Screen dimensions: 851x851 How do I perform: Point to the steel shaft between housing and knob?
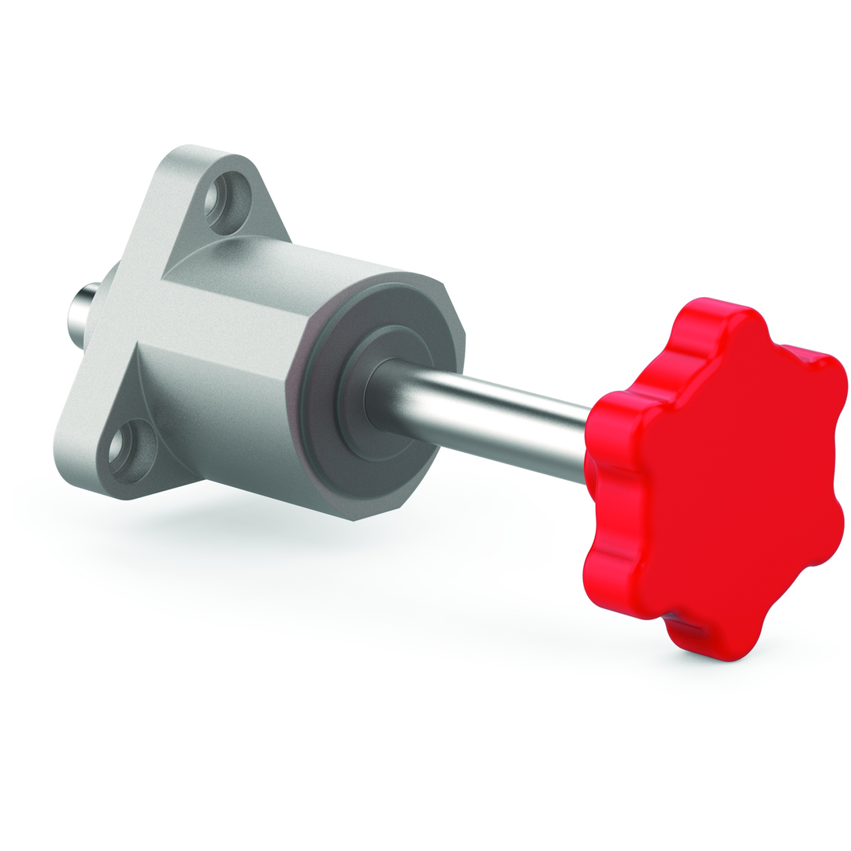tap(489, 418)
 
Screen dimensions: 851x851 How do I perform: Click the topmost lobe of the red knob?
tap(709, 315)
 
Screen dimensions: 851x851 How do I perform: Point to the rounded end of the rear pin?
tap(72, 312)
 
